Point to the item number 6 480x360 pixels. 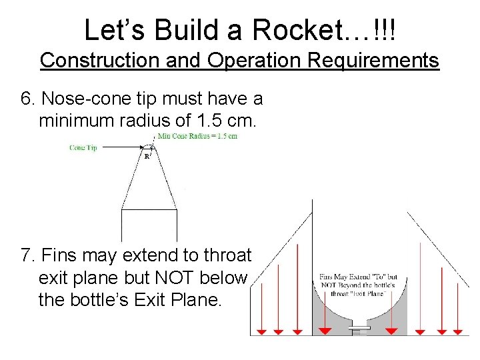(x=27, y=99)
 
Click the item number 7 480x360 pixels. (x=27, y=255)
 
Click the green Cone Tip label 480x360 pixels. (x=83, y=147)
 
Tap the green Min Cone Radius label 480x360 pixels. (x=197, y=136)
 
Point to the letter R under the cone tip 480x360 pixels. (x=147, y=157)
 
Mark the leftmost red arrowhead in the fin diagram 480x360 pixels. (x=262, y=331)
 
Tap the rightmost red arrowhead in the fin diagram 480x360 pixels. (x=457, y=331)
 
